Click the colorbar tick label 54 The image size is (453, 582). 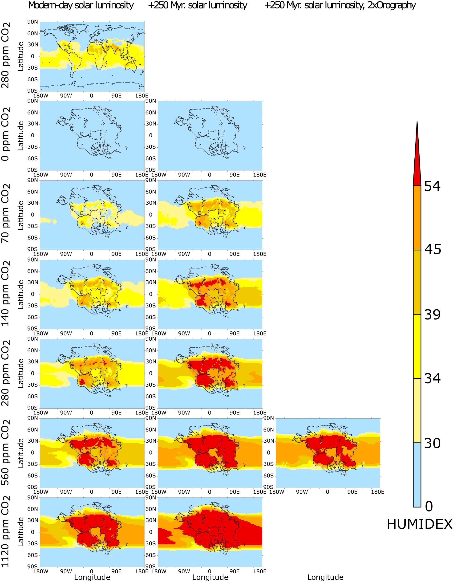432,186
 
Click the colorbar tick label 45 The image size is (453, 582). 433,250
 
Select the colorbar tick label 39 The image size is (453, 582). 433,315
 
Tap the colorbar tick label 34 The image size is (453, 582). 433,378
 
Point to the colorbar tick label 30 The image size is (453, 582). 433,443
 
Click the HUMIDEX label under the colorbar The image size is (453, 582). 419,524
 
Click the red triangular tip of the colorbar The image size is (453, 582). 417,165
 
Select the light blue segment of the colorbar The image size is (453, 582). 417,474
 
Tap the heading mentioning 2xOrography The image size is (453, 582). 340,5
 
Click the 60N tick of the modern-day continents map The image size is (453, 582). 32,34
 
